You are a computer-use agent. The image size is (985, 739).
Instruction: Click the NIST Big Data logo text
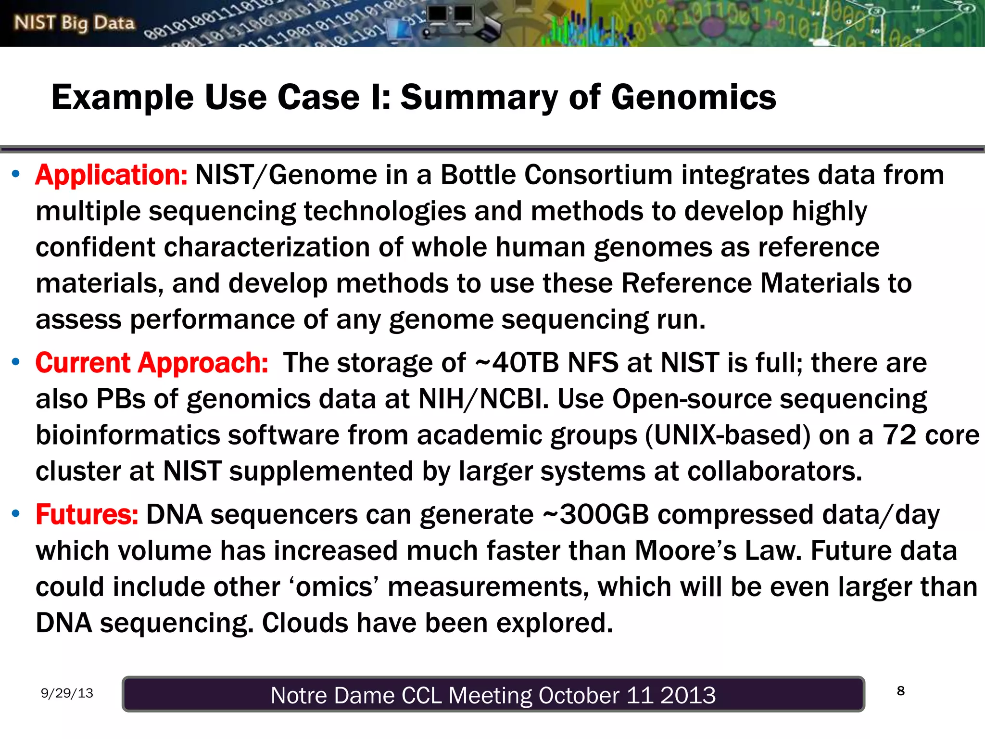click(75, 23)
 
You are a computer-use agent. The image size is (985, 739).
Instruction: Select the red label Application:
click(111, 175)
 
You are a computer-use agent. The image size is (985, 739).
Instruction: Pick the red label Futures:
click(87, 514)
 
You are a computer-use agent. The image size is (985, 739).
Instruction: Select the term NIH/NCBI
click(483, 399)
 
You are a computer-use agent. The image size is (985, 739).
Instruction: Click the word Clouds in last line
click(304, 623)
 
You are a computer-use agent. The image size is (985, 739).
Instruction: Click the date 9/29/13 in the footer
click(67, 693)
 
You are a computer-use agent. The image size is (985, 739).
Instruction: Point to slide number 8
click(901, 691)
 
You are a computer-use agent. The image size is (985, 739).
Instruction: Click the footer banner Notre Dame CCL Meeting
click(493, 695)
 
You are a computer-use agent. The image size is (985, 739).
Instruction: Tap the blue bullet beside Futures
click(16, 513)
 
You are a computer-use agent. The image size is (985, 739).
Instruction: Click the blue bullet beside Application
click(16, 174)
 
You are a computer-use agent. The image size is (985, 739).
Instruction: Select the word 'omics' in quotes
click(334, 587)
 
